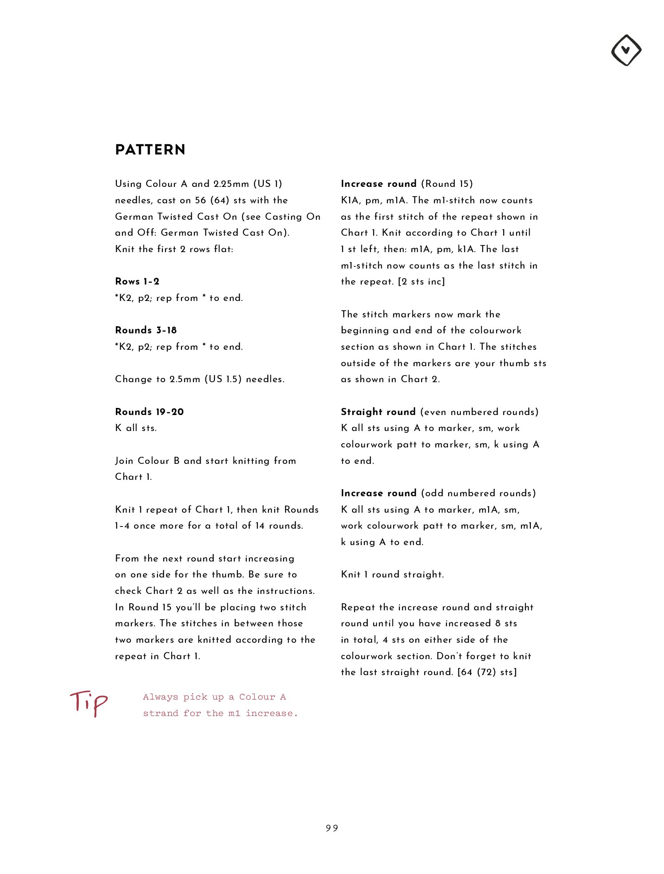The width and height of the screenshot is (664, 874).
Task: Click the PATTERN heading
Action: pos(150,150)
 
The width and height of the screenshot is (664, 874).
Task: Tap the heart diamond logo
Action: pos(626,50)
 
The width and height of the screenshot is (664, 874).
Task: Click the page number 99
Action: pos(332,828)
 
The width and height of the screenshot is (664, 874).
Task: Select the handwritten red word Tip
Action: pos(88,702)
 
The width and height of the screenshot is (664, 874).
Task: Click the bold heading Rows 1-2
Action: pos(137,281)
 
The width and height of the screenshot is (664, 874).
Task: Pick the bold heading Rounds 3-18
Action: pos(146,330)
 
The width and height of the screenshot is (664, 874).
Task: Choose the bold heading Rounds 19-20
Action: pos(149,412)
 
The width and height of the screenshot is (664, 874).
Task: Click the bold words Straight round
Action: pos(378,412)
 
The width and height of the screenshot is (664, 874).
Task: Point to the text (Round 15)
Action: pos(447,184)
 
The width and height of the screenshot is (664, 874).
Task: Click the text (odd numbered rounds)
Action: pos(478,493)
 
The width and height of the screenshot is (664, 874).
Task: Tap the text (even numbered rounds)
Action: pos(479,412)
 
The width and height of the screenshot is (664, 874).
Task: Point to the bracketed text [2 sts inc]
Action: pos(421,281)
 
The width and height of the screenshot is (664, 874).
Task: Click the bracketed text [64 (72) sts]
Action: pos(487,672)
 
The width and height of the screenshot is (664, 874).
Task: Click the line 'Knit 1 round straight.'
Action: pos(392,574)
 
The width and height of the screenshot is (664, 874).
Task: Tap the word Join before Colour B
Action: pos(124,461)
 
